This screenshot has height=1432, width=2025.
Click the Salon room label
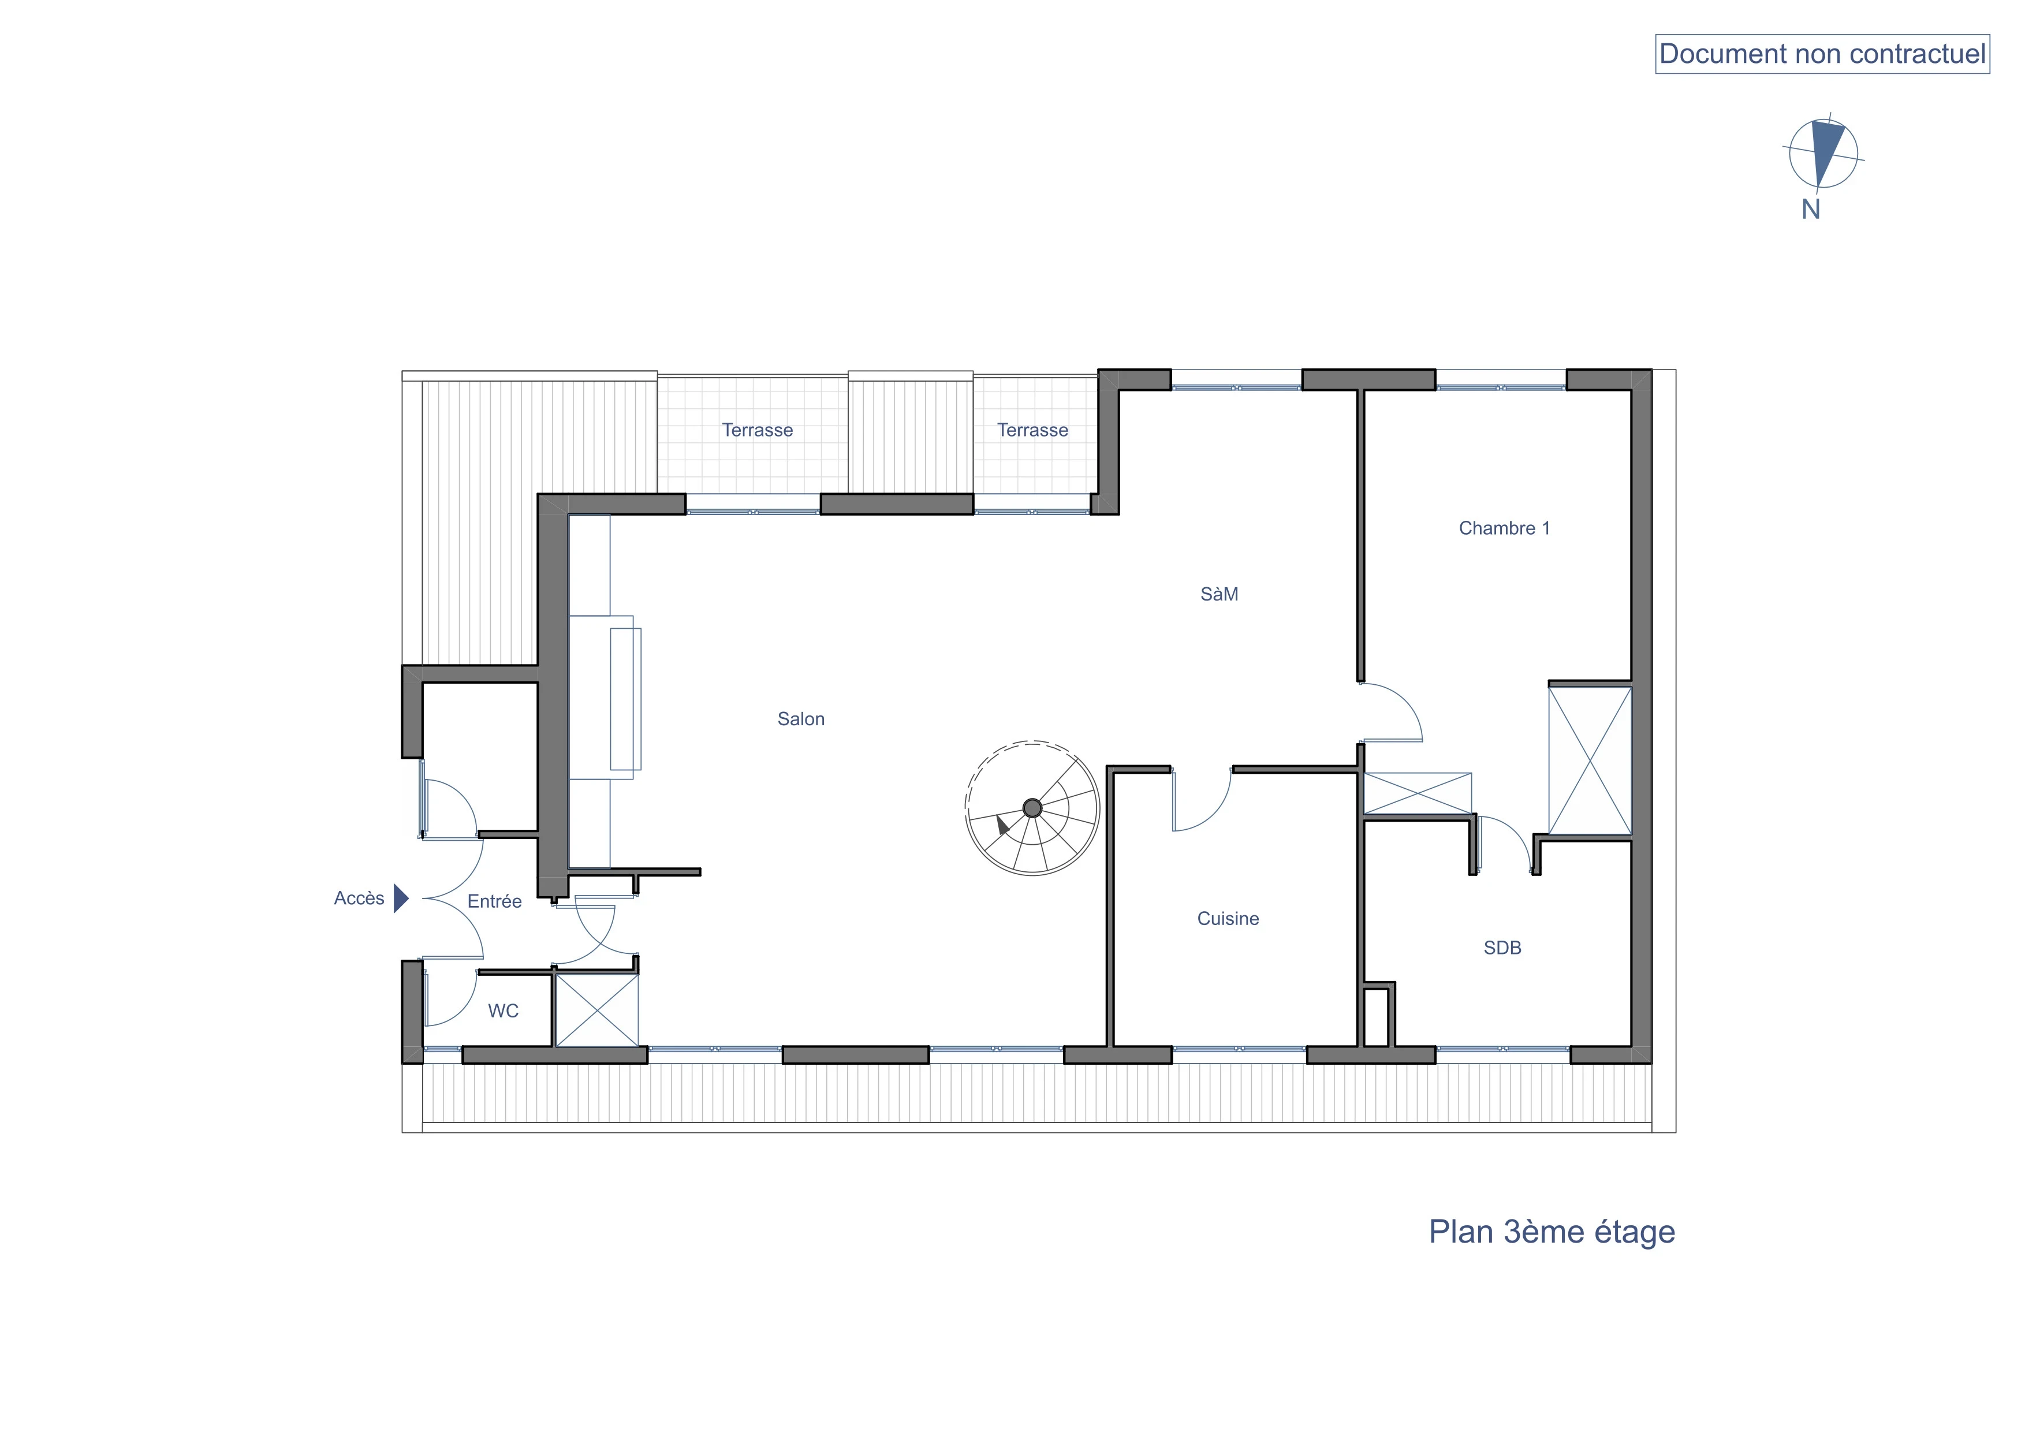pyautogui.click(x=801, y=719)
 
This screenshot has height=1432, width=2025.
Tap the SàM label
pyautogui.click(x=1219, y=594)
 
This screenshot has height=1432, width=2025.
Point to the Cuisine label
pyautogui.click(x=1228, y=919)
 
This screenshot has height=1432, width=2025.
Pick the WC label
pyautogui.click(x=504, y=1012)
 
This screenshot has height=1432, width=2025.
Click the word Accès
pyautogui.click(x=359, y=898)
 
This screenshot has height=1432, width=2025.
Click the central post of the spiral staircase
pyautogui.click(x=1032, y=808)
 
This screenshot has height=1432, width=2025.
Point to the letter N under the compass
pyautogui.click(x=1811, y=210)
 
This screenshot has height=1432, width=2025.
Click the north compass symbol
pyautogui.click(x=1823, y=154)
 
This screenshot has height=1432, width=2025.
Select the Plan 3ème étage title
pyautogui.click(x=1552, y=1232)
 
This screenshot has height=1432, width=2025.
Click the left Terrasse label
pyautogui.click(x=757, y=430)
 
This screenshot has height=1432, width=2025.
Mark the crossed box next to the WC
pyautogui.click(x=596, y=1010)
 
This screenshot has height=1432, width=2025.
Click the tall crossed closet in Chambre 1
pyautogui.click(x=1590, y=760)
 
